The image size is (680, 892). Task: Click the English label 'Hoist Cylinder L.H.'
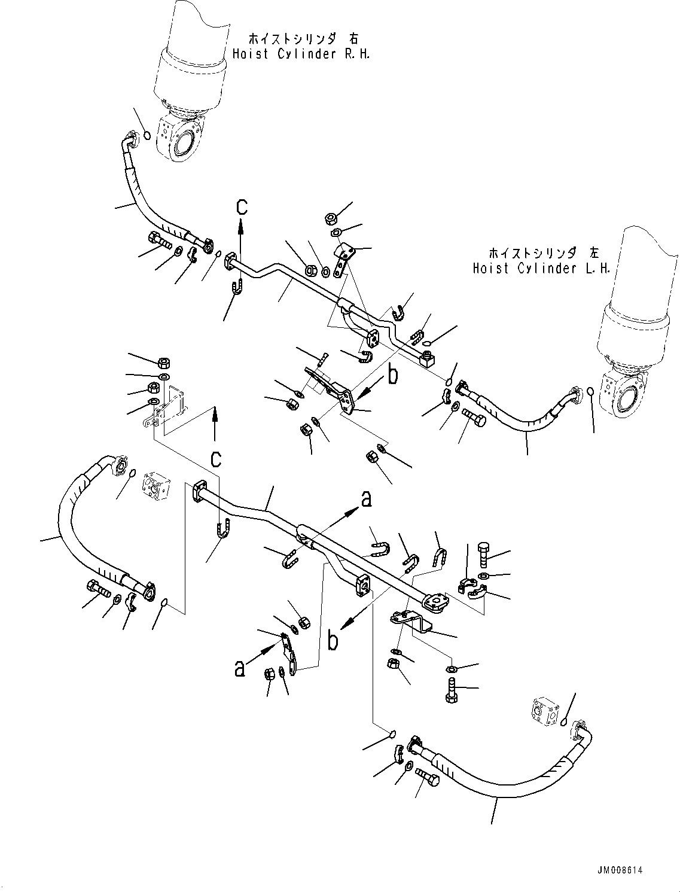[x=541, y=269]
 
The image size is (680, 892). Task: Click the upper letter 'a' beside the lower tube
[x=366, y=498]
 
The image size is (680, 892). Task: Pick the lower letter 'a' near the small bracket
[x=239, y=668]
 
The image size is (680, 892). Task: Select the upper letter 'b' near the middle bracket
[x=392, y=375]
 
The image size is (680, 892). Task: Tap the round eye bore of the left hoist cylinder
[x=631, y=398]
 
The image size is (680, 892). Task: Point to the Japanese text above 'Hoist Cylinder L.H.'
[x=541, y=253]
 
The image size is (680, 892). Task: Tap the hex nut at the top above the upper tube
[x=330, y=218]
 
